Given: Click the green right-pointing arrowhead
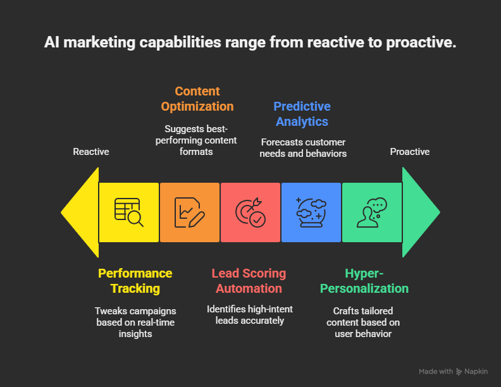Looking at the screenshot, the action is (418, 212).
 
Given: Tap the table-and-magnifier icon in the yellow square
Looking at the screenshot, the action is (129, 212).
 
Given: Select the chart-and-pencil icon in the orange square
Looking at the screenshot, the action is (190, 212).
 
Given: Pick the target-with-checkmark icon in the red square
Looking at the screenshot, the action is (250, 212).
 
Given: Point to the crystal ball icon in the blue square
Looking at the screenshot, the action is (311, 212).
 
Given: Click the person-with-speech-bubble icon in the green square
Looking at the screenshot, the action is (371, 212).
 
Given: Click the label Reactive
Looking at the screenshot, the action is (91, 152).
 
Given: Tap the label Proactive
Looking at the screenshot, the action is (410, 152).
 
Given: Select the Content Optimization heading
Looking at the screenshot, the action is (197, 99).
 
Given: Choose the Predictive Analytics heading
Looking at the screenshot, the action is (302, 114).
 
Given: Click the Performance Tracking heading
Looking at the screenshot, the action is (135, 281).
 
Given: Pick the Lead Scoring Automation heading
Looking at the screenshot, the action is (249, 281).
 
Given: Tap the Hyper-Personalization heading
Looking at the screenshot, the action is (364, 281).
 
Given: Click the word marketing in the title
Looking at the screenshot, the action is (99, 42).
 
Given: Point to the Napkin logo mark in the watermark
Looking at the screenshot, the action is (459, 372).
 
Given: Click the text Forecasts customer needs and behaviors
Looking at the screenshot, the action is (303, 148).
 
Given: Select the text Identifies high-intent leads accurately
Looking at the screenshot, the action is (249, 315).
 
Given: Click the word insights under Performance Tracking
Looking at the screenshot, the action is (135, 334).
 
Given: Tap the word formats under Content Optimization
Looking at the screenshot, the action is (196, 152).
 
